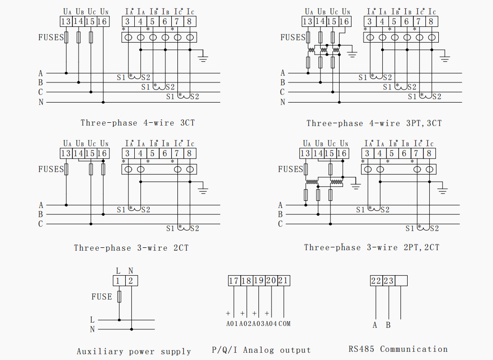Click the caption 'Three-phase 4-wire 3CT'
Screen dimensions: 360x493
point(138,123)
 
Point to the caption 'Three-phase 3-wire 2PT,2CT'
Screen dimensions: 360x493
point(371,247)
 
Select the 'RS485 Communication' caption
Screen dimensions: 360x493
point(398,349)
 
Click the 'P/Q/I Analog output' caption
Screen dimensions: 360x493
point(261,350)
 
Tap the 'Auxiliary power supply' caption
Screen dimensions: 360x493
point(134,351)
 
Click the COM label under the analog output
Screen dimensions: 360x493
point(284,324)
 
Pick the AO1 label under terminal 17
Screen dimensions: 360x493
point(233,324)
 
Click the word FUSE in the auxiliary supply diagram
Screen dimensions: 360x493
point(102,297)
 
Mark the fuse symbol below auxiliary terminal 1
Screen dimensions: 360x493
point(119,297)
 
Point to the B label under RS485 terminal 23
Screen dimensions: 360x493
point(388,325)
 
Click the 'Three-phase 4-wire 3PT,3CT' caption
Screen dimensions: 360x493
point(374,123)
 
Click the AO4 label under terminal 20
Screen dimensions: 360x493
point(271,324)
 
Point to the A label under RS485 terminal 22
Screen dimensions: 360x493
point(375,325)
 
